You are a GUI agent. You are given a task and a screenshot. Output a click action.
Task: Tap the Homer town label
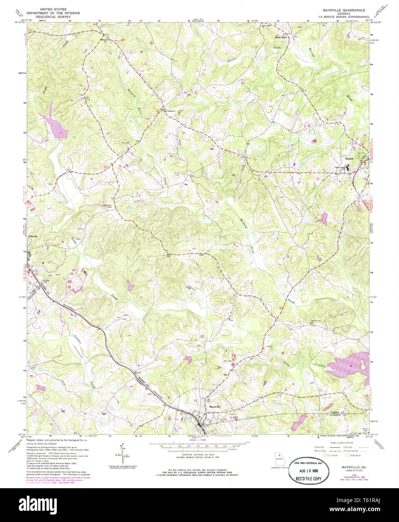pos(349,159)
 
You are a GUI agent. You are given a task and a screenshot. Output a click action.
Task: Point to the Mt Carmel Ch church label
pos(170,111)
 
